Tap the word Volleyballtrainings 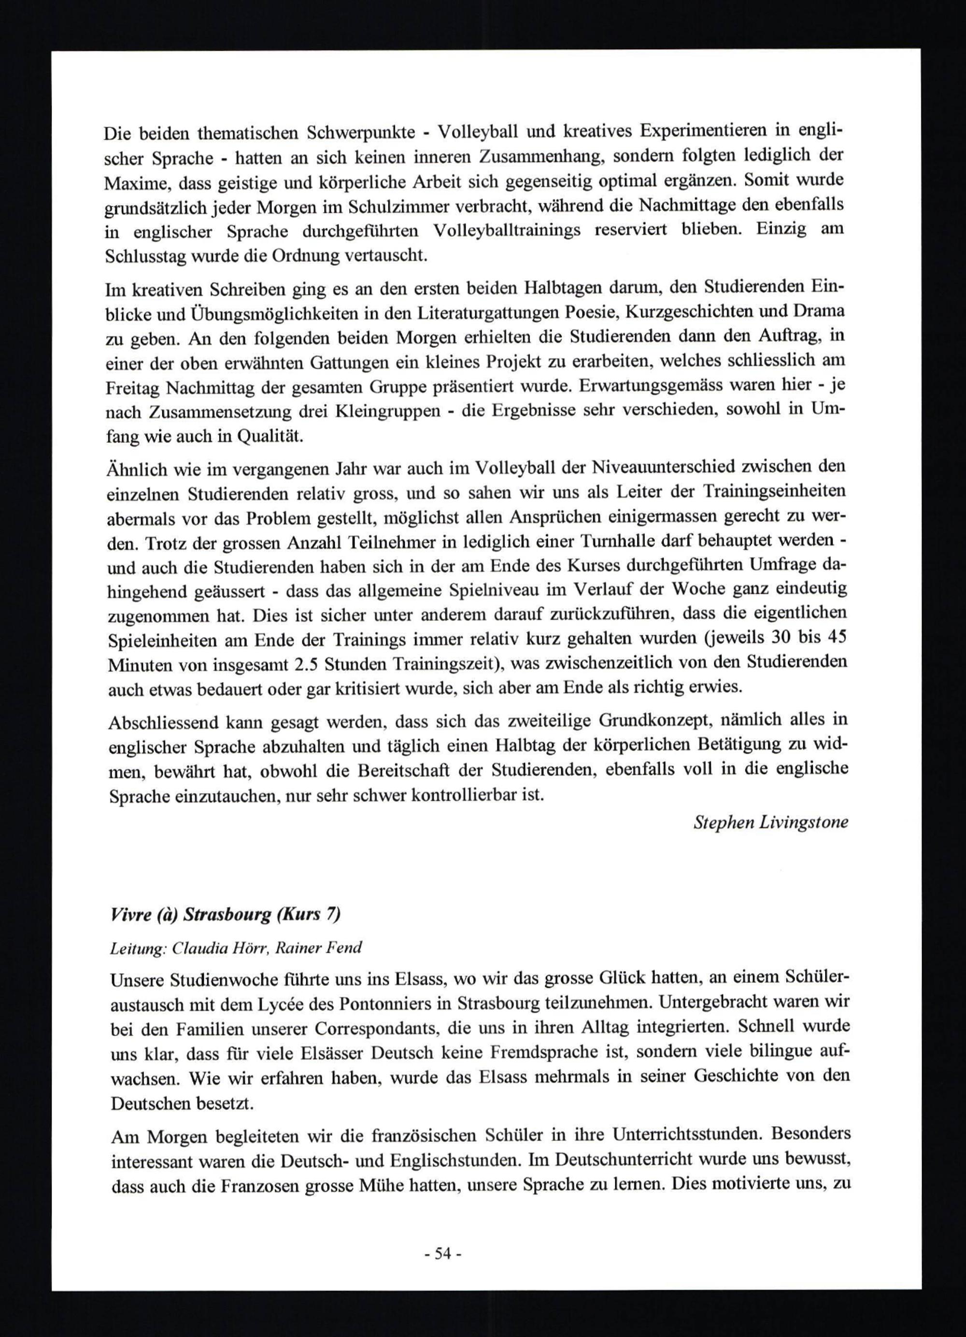pos(507,231)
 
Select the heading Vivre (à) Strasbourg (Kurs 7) pos(225,914)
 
